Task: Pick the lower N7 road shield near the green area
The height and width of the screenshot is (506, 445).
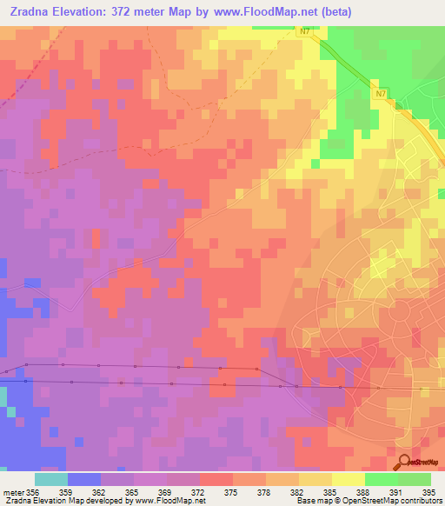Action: pos(382,93)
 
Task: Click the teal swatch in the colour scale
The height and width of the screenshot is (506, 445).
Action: pos(51,479)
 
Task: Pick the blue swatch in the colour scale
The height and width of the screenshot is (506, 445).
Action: pos(84,479)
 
